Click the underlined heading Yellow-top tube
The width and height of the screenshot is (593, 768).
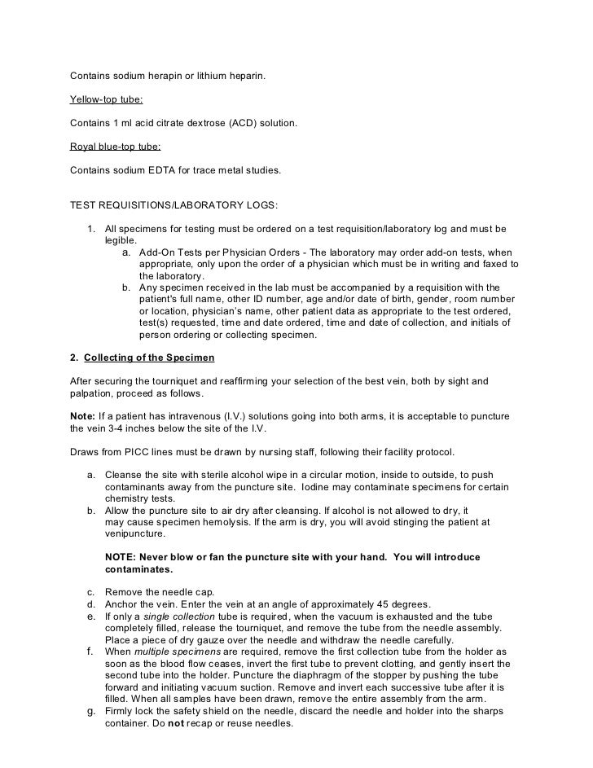[x=107, y=101]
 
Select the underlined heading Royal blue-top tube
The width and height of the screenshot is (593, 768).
[x=116, y=147]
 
